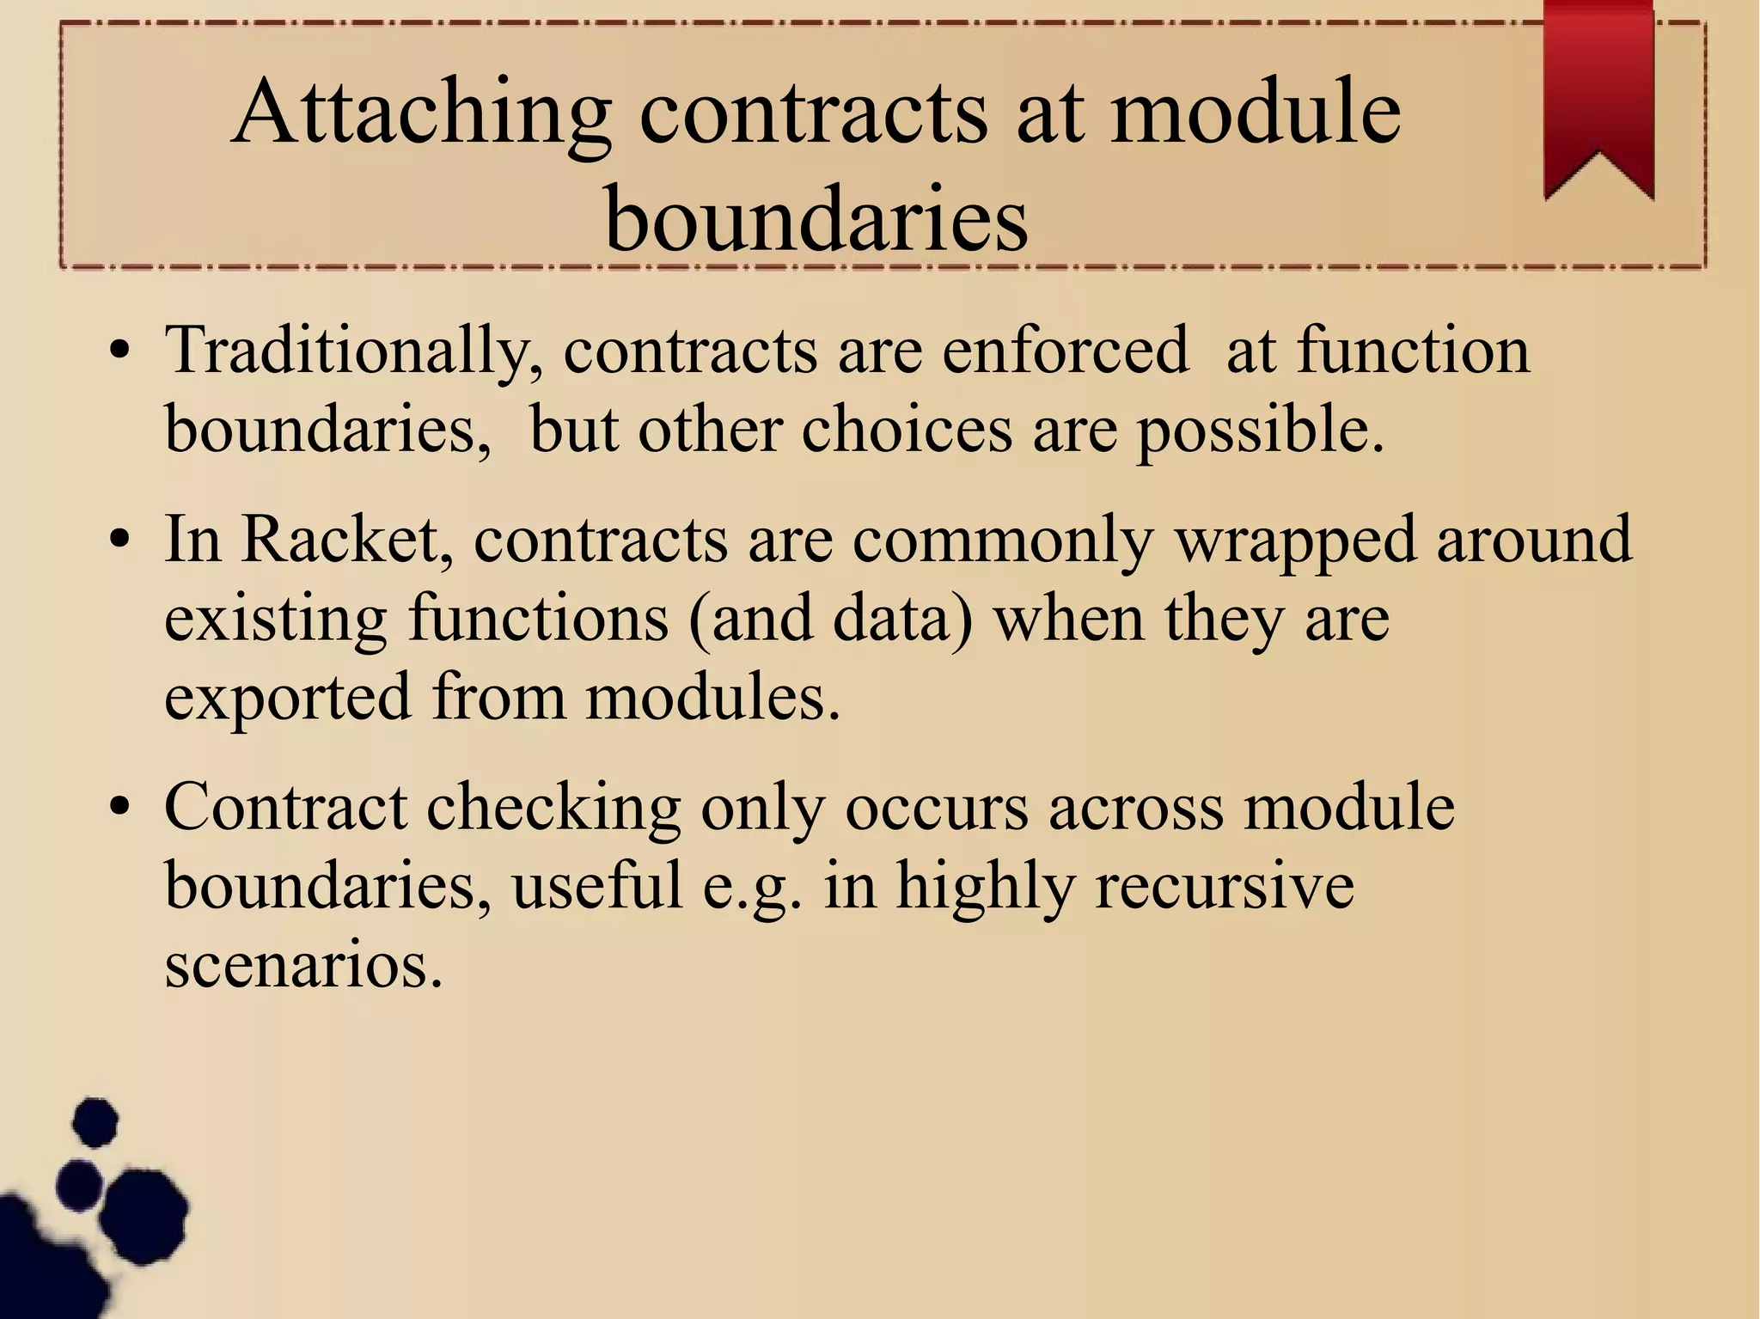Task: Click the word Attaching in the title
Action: tap(422, 114)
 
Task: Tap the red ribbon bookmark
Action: tap(1598, 95)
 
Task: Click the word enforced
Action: tap(1065, 351)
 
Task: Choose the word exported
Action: tap(288, 698)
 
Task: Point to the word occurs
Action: tap(936, 808)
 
